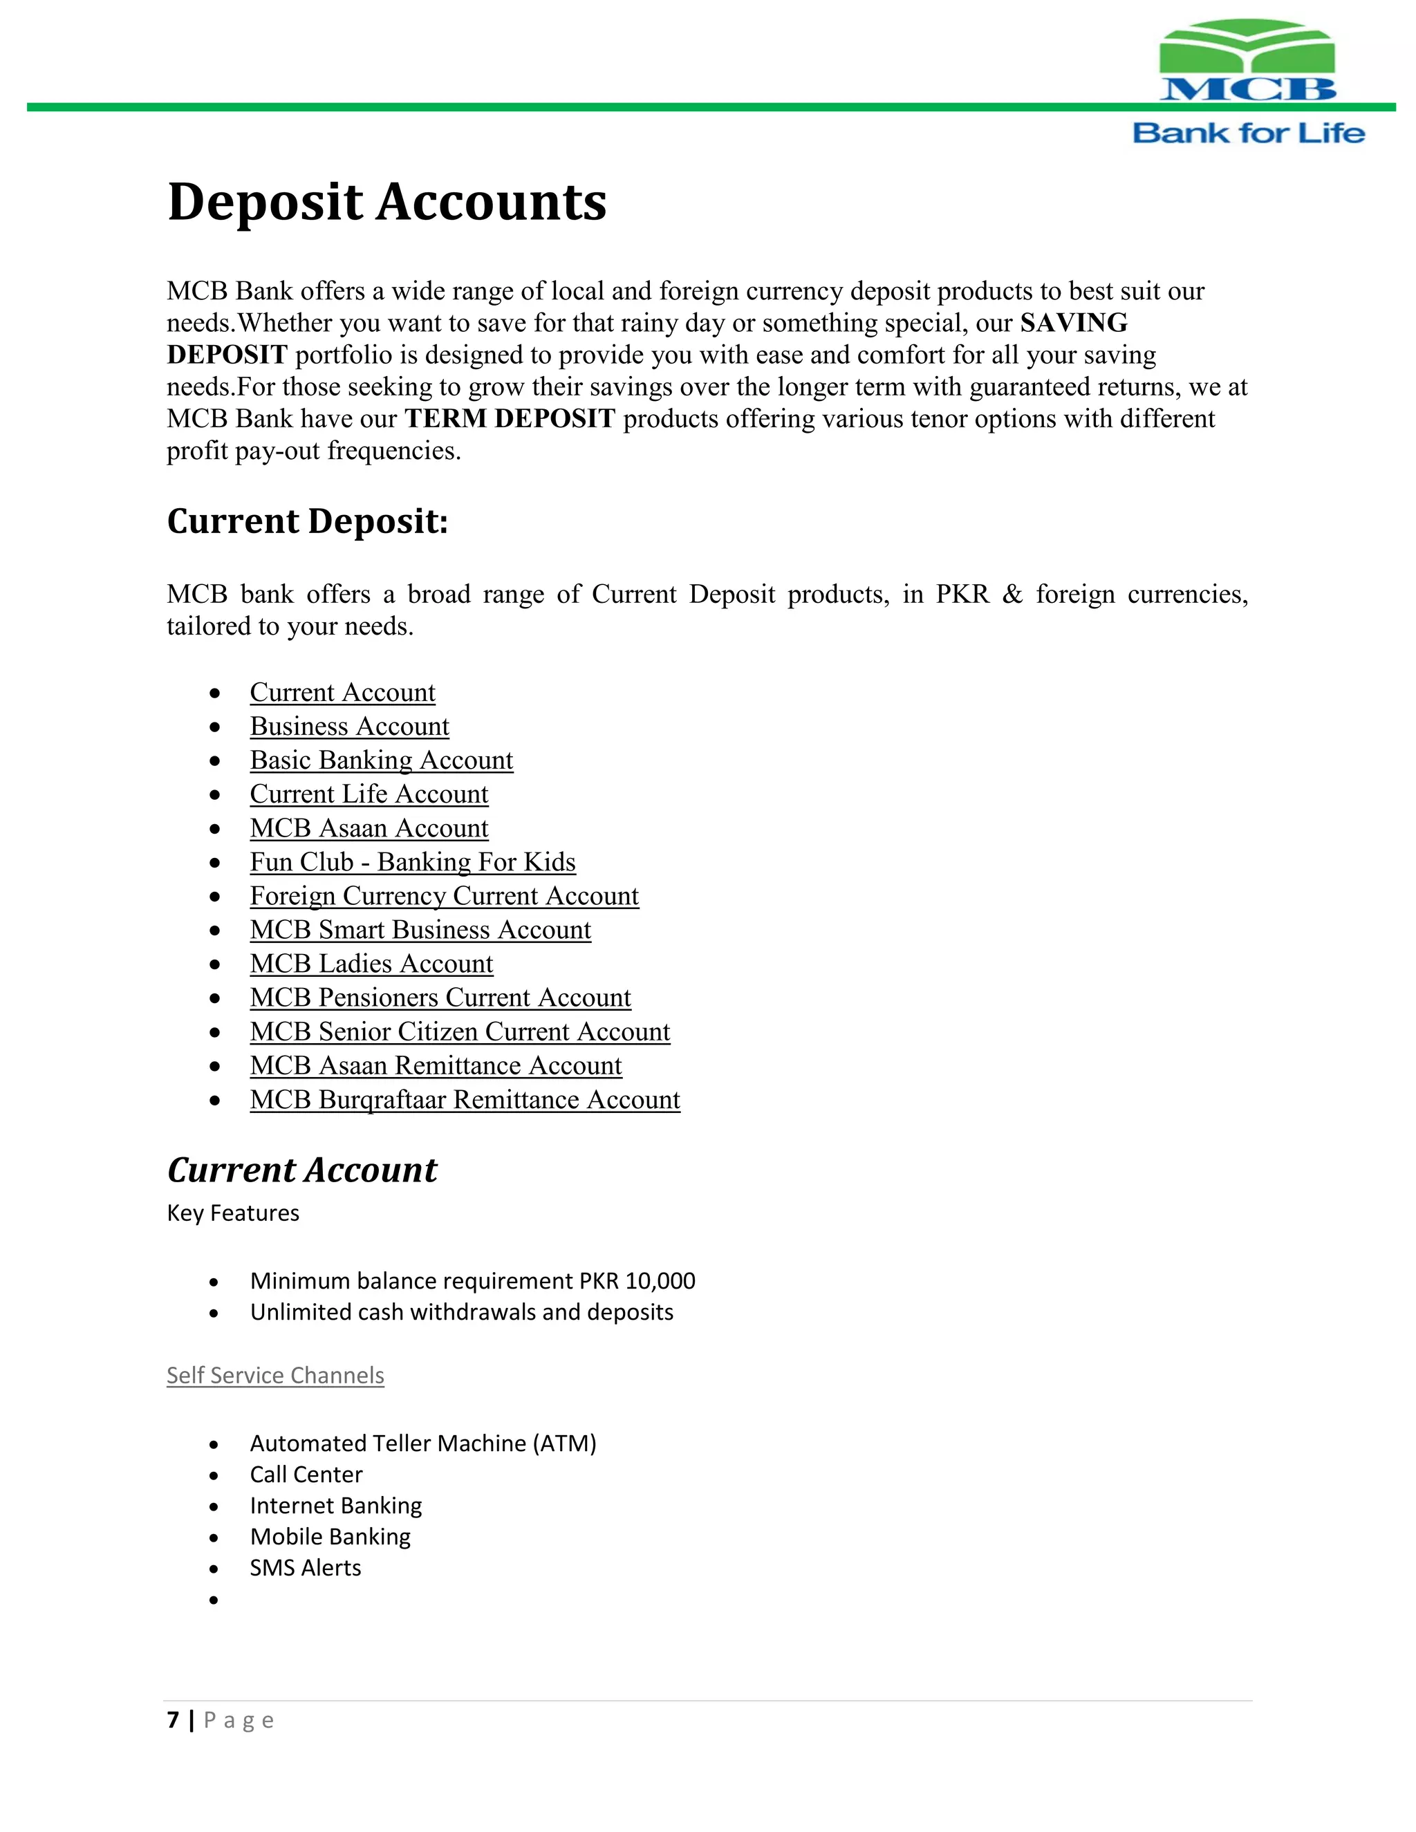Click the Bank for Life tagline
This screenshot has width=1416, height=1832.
[x=1248, y=133]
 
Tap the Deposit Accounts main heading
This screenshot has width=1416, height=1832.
[x=386, y=202]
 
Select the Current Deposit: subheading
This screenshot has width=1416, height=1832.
[x=307, y=521]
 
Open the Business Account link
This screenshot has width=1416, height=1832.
[x=349, y=727]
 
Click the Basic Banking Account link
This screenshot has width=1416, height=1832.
[x=381, y=760]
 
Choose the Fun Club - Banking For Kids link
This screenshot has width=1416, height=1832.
[x=412, y=862]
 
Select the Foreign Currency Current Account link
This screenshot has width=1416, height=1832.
[x=444, y=896]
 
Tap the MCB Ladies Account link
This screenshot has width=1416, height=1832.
[x=371, y=964]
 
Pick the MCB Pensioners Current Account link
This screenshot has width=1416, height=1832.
[x=440, y=998]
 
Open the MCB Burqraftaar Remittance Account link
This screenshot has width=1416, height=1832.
[x=465, y=1100]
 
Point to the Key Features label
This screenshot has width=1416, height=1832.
[x=232, y=1213]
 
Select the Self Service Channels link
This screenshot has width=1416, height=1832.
[x=275, y=1376]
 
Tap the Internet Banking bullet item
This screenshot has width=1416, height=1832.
[x=335, y=1506]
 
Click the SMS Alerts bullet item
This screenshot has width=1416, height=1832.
[x=306, y=1568]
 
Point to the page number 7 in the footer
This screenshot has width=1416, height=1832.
[x=173, y=1721]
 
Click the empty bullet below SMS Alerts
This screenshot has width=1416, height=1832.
[x=214, y=1600]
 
